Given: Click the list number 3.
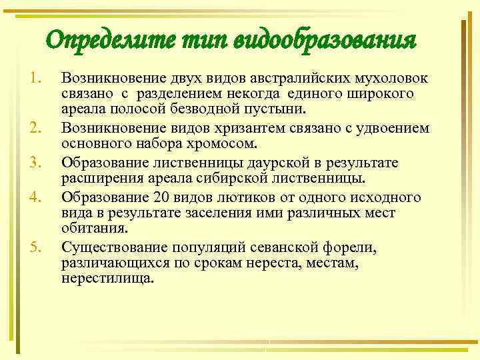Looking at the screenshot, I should (35, 163).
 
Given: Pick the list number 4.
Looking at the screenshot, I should (35, 197).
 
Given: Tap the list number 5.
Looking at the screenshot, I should (35, 249).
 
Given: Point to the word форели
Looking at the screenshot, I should (350, 249).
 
